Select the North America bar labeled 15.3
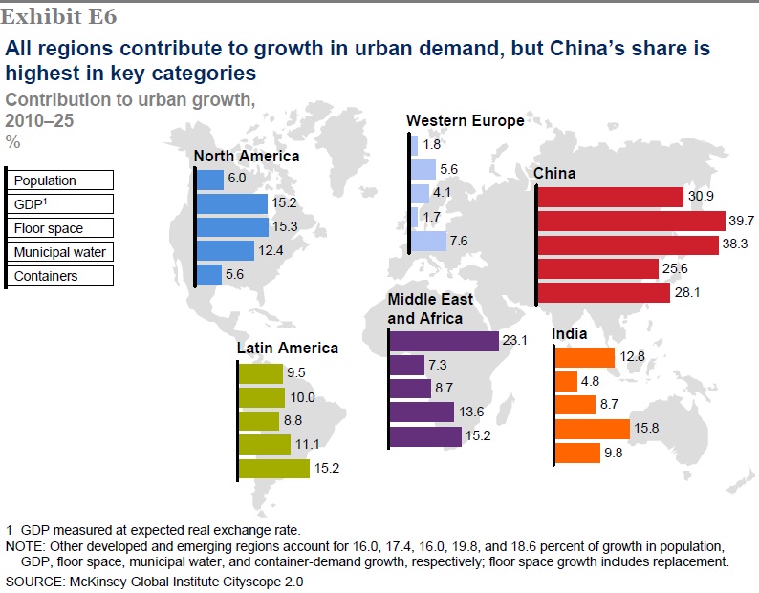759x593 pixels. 232,227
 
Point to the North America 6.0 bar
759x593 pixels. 209,180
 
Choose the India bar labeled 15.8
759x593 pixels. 592,429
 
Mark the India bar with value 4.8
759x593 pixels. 566,381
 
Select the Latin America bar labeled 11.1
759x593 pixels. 264,445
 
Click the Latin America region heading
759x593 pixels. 288,349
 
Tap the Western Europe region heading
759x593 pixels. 465,120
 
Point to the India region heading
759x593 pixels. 569,334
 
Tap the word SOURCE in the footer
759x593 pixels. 30,581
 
